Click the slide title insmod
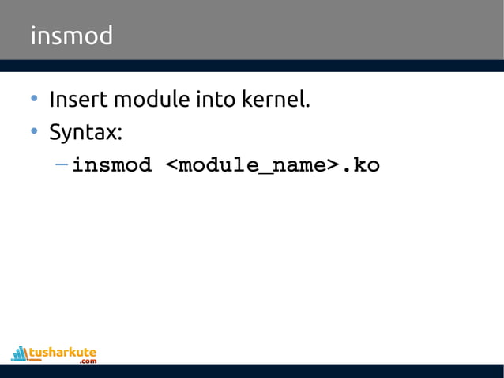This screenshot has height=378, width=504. point(71,36)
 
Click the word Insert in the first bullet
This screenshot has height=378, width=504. point(78,101)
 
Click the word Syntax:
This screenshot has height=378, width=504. point(85,133)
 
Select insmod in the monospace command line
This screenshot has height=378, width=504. point(111,166)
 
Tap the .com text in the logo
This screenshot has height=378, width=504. point(88,361)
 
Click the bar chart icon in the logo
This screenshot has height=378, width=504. point(20,353)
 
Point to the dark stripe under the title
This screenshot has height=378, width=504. point(252,66)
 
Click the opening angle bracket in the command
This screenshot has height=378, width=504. point(171,166)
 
